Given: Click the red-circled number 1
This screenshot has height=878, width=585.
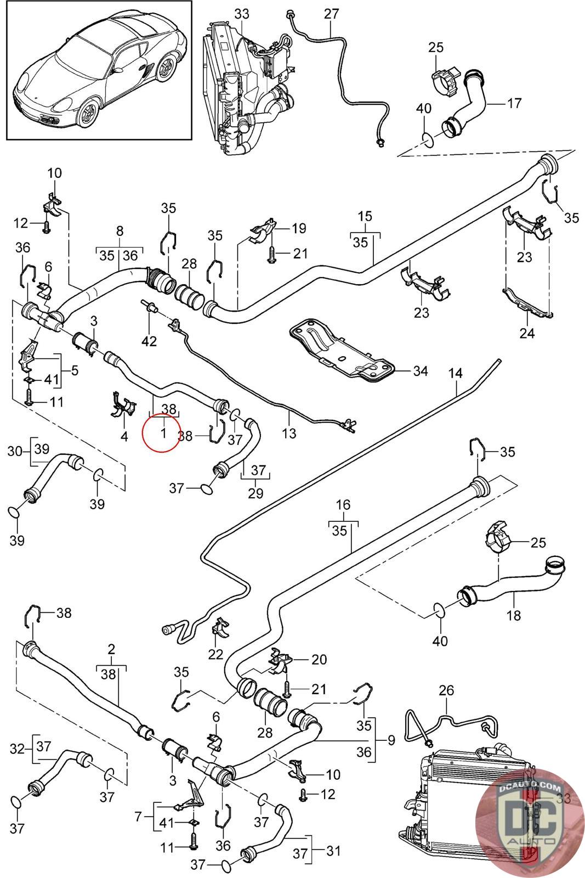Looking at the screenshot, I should pos(163,433).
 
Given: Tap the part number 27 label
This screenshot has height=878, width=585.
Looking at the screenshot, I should pos(331,13).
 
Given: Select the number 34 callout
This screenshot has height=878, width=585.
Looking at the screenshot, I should pos(420,371).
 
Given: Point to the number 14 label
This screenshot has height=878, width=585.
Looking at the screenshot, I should pos(456,374).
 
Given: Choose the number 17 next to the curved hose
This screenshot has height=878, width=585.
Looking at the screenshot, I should pos(514,103).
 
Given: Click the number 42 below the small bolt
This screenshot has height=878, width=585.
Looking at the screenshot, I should pos(149,341).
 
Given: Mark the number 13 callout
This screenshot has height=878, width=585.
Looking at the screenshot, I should pos(289,433).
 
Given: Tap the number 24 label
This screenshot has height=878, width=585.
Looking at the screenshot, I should pos(527,333).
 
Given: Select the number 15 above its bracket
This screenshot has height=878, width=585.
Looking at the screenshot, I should pos(365,216).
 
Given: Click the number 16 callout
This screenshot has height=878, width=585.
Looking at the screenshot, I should pos(343,504).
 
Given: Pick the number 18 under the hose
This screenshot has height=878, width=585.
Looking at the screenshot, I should pos(514,615).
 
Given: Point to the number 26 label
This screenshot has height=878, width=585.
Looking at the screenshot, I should pos(447,690).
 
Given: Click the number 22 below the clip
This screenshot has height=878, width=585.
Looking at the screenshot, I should pos(216,654).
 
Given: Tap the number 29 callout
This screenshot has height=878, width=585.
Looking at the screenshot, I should pos(255,492).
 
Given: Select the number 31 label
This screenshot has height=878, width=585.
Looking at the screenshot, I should pos(333,851).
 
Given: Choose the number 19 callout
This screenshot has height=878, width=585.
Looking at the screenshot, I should pos(299,228).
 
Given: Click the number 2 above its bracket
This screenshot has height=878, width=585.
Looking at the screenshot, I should pos(112,649).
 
